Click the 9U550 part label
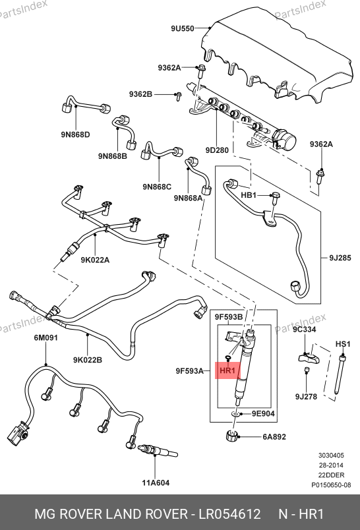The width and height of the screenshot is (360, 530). click(182, 28)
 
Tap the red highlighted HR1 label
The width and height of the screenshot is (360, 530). click(227, 370)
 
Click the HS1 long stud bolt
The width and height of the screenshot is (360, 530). click(340, 374)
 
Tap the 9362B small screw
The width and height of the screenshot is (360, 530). click(179, 96)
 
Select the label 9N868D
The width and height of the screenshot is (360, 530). click(75, 134)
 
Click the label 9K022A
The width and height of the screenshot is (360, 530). click(95, 260)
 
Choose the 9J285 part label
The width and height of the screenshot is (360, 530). click(340, 258)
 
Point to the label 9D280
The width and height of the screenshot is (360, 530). click(217, 150)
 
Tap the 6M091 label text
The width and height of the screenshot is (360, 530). click(45, 338)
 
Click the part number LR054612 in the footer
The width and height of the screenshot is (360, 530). click(229, 514)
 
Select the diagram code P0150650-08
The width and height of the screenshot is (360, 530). click(331, 485)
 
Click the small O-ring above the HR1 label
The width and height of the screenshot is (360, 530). click(228, 357)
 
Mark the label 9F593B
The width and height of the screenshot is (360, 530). click(229, 316)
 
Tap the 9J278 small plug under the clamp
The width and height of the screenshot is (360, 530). click(307, 370)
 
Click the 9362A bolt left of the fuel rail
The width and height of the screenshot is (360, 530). click(201, 71)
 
